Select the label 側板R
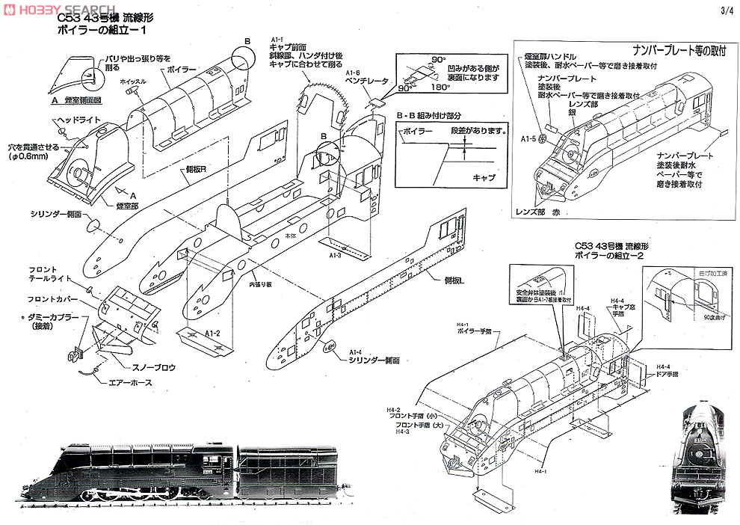click(x=196, y=169)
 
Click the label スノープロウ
click(x=134, y=366)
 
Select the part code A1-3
click(x=334, y=255)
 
